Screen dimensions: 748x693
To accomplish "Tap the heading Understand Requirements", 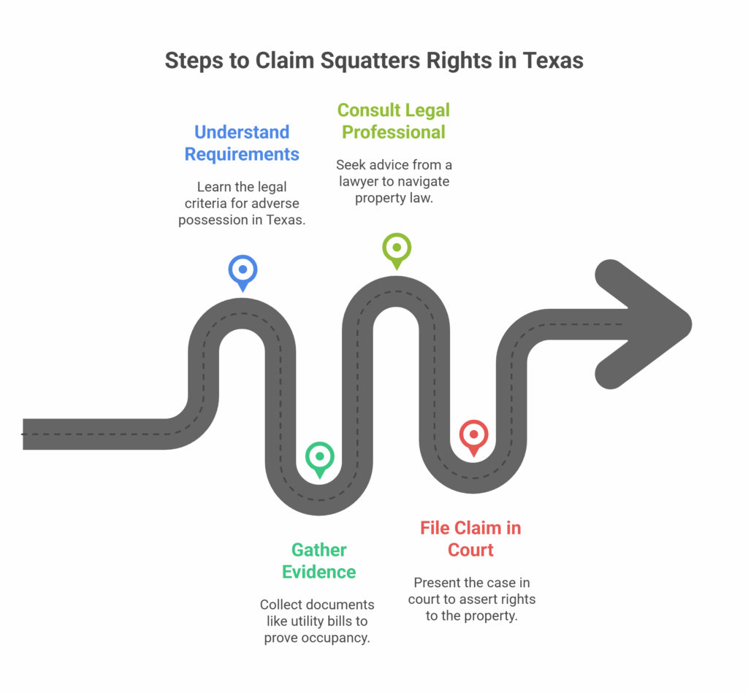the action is (242, 143).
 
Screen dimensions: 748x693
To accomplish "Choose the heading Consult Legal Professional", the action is (394, 121).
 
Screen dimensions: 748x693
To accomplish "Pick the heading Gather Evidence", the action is (319, 561).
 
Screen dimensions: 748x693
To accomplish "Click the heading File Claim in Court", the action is (471, 539).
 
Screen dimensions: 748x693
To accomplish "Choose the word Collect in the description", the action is (279, 605).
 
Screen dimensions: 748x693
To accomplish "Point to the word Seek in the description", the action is (350, 165).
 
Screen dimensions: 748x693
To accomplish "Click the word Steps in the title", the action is (194, 61).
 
